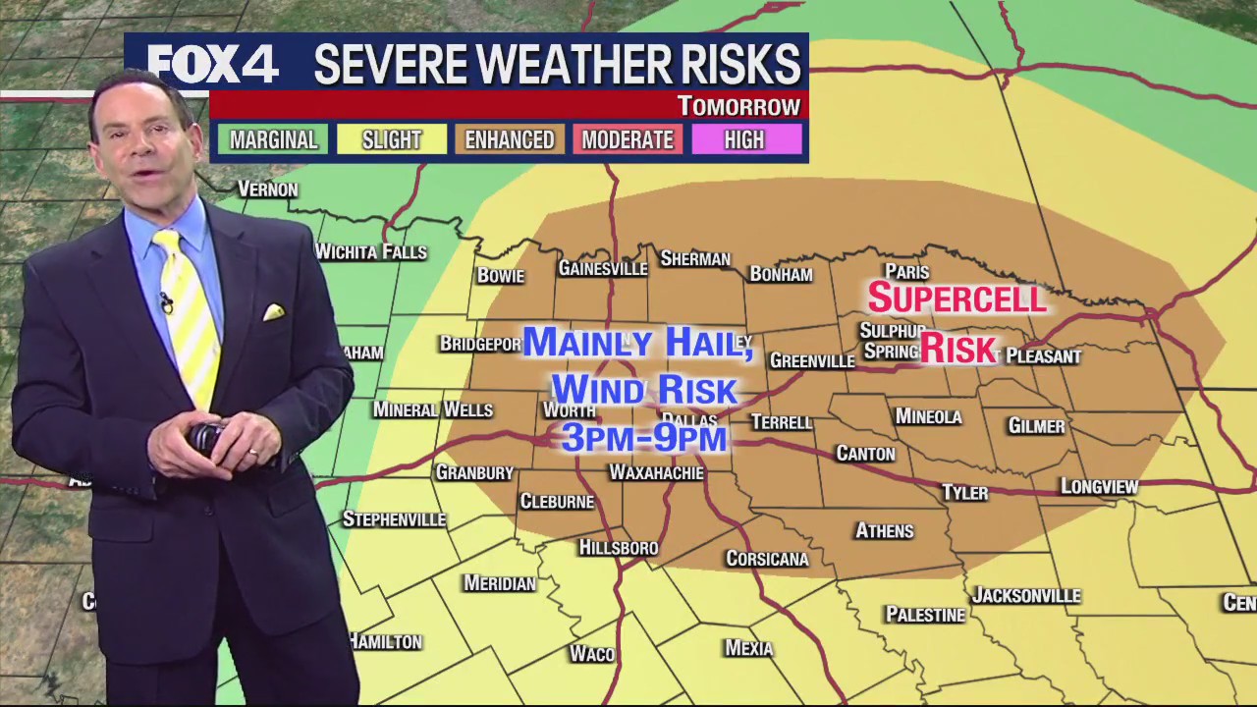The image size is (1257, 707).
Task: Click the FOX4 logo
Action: (x=213, y=65)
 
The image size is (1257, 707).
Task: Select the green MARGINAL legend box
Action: (x=273, y=139)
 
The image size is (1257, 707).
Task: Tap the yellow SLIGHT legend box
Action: (x=391, y=139)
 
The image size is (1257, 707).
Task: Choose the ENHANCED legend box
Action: (x=509, y=139)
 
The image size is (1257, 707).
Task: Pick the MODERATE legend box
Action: (x=627, y=139)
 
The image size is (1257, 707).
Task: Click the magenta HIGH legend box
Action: (x=744, y=139)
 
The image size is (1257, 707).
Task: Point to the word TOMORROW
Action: (x=738, y=106)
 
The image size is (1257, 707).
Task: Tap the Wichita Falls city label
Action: (x=371, y=252)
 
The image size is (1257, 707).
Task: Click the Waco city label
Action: (x=591, y=653)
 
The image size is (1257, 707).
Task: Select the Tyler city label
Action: (x=964, y=493)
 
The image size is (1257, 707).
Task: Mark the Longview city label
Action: (x=1099, y=486)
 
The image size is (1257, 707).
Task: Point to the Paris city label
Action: (x=906, y=272)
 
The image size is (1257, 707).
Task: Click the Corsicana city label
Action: (x=767, y=559)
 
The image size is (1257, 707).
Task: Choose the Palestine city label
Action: (x=925, y=615)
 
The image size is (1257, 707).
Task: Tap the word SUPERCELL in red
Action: (x=957, y=298)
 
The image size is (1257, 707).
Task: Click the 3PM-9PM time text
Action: (x=644, y=436)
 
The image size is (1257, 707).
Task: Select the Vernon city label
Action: (x=267, y=189)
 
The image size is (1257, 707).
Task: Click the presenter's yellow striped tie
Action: (x=190, y=314)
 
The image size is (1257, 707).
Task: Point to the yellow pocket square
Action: (x=273, y=312)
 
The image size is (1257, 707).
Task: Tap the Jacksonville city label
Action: (x=1025, y=595)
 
